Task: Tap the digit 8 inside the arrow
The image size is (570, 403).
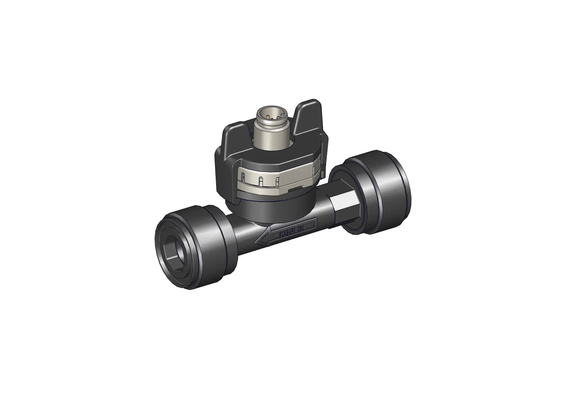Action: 300,229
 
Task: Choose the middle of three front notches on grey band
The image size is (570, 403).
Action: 261,181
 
